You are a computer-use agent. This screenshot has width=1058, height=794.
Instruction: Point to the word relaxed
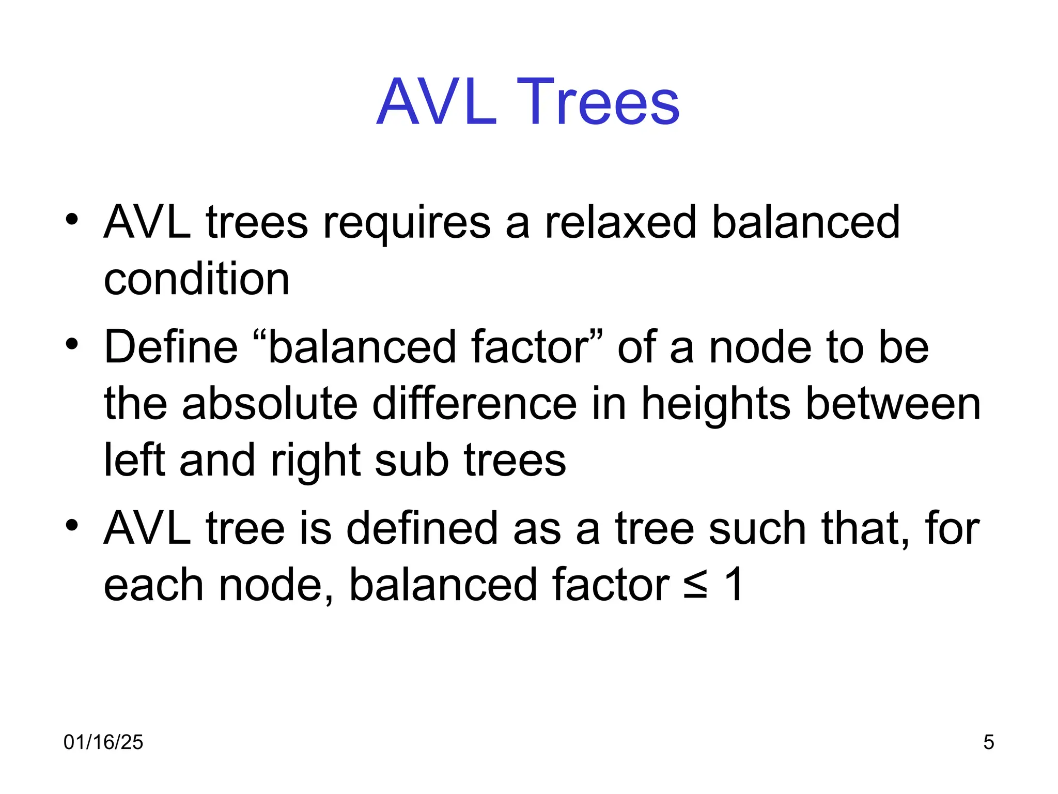620,222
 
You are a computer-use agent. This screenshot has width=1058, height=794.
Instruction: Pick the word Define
171,347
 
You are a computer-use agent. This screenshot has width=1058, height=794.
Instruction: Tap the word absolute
270,404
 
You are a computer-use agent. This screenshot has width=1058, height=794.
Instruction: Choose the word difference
474,404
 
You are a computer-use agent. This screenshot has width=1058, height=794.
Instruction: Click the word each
154,585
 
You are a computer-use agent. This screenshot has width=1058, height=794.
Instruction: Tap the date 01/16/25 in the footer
103,742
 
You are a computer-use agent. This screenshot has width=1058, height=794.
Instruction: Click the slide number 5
989,742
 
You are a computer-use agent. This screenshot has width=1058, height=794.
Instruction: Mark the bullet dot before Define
72,344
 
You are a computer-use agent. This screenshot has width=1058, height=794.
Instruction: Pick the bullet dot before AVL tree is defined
72,525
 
